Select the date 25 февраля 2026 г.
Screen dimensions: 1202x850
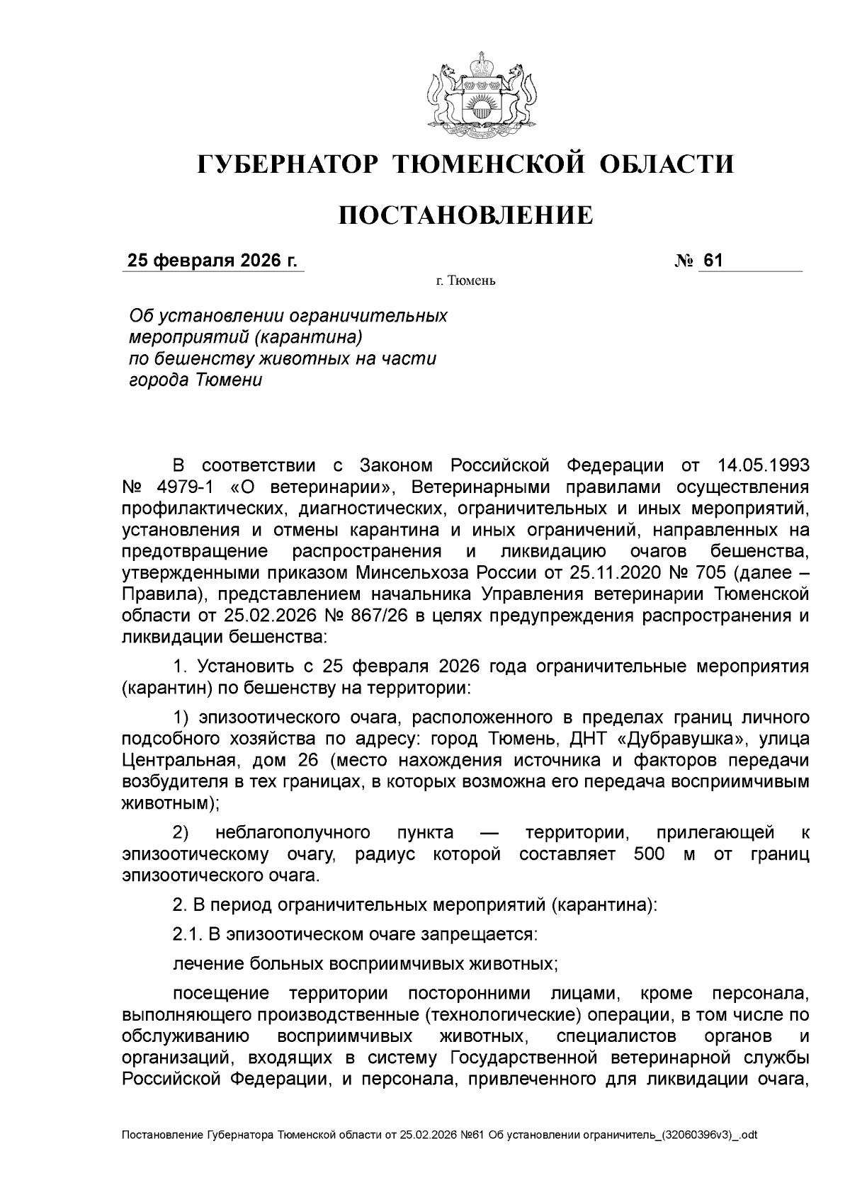[x=212, y=261]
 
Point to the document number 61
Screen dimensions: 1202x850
[x=712, y=261]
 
